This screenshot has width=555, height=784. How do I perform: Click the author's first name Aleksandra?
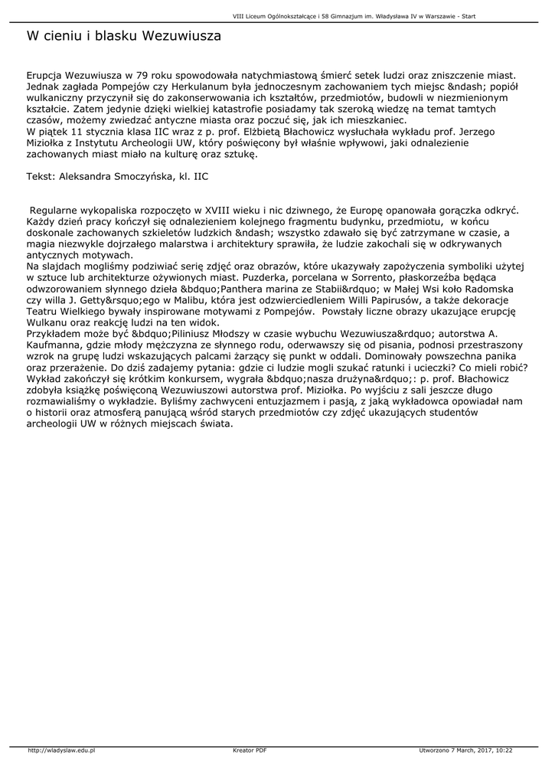click(91, 176)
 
